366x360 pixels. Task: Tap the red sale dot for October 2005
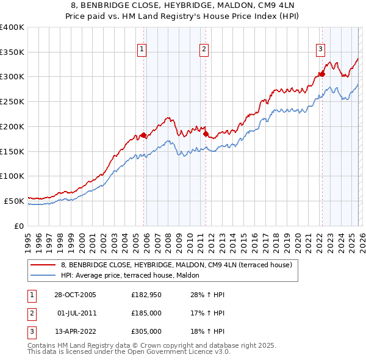[144, 135]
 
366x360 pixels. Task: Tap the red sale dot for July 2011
[206, 134]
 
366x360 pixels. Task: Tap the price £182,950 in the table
[146, 295]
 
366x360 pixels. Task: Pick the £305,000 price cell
[146, 331]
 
